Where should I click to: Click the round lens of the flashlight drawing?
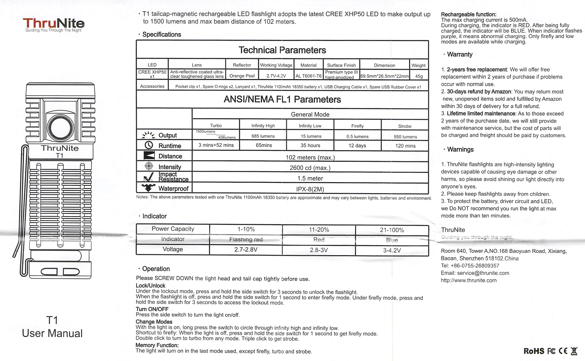(x=60, y=128)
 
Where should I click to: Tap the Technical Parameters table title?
(x=282, y=50)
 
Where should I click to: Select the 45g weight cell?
(x=419, y=76)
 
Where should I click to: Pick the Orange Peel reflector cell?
(x=242, y=76)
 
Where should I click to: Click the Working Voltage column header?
(x=276, y=65)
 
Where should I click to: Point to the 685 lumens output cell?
(x=263, y=136)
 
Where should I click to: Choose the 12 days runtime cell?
(x=357, y=145)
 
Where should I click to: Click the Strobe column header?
(x=404, y=126)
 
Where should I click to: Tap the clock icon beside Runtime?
(x=149, y=145)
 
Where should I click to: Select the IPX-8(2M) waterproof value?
(x=310, y=189)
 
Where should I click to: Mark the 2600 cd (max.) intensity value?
(x=310, y=168)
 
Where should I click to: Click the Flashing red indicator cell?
(x=246, y=239)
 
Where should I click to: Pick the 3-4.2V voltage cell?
(x=392, y=250)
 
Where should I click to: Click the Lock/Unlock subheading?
(x=150, y=286)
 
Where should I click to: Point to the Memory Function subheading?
(x=157, y=345)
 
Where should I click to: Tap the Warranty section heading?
(x=460, y=54)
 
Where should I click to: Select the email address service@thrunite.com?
(x=483, y=273)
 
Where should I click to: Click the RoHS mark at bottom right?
(x=534, y=351)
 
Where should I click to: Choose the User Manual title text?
(x=52, y=333)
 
